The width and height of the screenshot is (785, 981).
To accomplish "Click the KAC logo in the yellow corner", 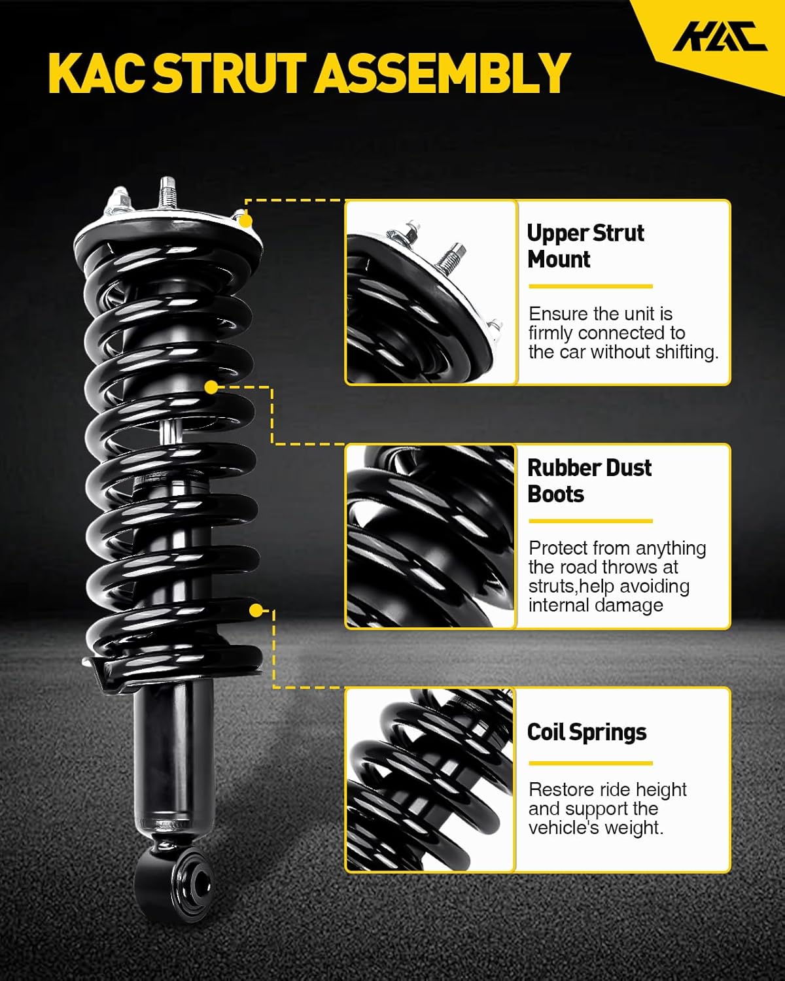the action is coord(720,37).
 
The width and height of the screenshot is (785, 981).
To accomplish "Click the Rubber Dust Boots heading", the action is coord(589,481).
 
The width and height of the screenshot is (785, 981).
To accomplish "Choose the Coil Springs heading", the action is coord(587,732).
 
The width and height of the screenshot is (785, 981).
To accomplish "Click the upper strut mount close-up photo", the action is coord(431,292).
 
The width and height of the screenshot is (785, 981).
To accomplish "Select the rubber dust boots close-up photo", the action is coord(431,536).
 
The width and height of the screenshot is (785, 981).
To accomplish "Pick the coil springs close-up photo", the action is coord(431,780).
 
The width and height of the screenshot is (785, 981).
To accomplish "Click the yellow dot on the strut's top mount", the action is coord(246,220).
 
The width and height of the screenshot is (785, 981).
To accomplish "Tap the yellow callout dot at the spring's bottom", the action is coord(256,611).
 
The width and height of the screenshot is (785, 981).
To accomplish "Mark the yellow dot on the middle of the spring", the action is coord(211,388).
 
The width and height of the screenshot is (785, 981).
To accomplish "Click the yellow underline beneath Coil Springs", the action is coord(590,763).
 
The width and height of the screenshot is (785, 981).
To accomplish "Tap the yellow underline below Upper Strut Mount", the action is coord(590,286).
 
